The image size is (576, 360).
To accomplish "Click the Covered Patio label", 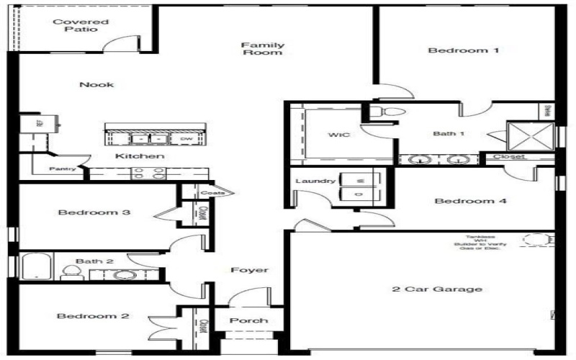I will pos(81,26).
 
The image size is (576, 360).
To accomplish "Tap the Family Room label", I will pos(262,48).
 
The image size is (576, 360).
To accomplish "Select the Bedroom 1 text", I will pos(453,50).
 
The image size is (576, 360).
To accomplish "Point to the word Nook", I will pos(96,85).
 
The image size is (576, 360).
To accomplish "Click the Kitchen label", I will pos(140,156).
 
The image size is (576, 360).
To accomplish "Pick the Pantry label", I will pos(63,170).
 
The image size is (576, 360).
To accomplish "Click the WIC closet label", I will pos(338,135).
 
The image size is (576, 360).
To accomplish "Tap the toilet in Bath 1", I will pos(388,112).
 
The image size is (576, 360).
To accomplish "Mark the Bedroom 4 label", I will pos(470,201).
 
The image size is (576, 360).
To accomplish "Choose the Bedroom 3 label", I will pos(94,213).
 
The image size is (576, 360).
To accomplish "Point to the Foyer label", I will pos(249,270).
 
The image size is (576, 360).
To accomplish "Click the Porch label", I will pos(248,320).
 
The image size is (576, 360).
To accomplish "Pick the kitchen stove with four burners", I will pos(148,174).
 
